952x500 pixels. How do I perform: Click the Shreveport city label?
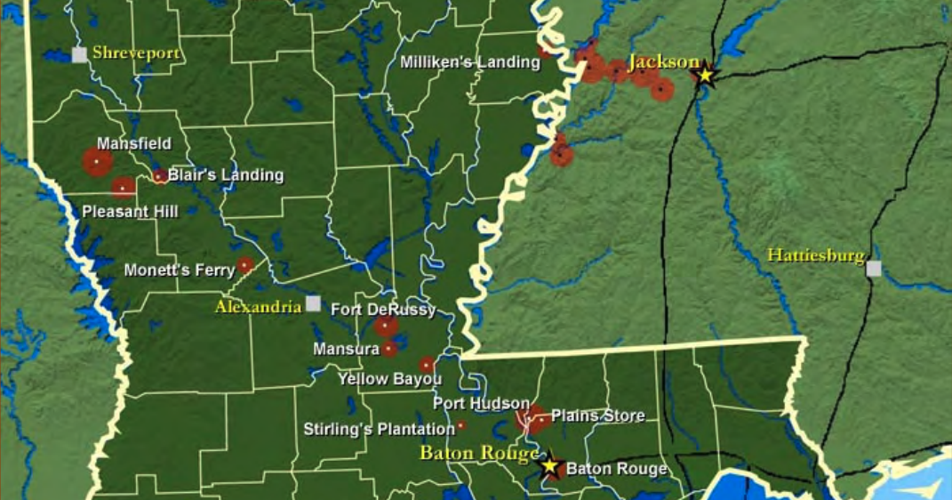pos(136,53)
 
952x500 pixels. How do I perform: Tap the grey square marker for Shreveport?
pos(79,54)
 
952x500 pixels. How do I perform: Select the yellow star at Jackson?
pos(706,76)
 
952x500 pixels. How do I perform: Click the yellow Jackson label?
pos(663,62)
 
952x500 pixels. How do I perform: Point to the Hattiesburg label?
pos(815,256)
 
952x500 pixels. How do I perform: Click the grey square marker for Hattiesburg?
pos(874,269)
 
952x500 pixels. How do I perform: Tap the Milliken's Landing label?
pos(470,63)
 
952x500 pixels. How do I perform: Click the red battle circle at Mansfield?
pos(97,162)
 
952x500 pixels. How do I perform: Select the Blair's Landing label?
pos(226,175)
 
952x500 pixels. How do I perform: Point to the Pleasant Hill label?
pos(130,212)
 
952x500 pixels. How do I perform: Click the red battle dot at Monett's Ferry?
pos(244,265)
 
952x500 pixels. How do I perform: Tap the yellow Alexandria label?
pos(258,307)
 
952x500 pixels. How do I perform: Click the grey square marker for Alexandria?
pos(313,303)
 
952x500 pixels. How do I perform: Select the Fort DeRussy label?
pos(383,310)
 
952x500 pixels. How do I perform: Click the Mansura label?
pos(346,350)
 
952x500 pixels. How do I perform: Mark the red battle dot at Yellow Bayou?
pos(427,365)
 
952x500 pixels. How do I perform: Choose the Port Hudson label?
pos(481,404)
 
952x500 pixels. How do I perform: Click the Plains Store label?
pos(597,415)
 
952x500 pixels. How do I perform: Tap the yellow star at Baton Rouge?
pos(550,465)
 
